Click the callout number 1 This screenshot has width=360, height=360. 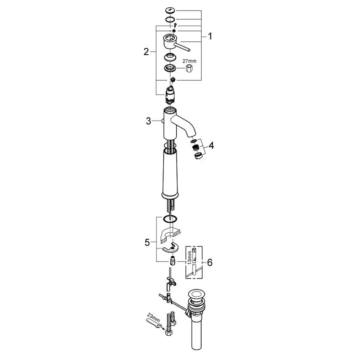(210, 36)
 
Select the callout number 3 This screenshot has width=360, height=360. (149, 121)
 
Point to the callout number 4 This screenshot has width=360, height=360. (211, 145)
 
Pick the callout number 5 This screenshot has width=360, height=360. (147, 242)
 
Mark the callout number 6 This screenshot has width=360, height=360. (210, 262)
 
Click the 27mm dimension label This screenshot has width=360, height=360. (189, 61)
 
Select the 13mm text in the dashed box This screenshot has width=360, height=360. (189, 257)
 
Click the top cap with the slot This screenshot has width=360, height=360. (170, 10)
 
